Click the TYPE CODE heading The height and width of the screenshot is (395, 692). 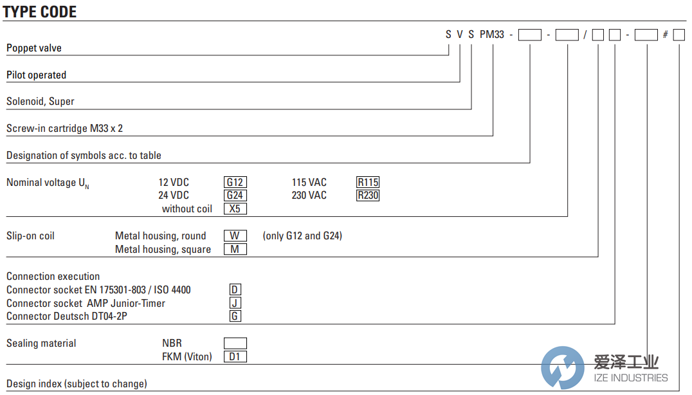40,12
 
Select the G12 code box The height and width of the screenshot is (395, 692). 235,182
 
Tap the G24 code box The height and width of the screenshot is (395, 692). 235,195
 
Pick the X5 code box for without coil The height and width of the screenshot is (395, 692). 235,208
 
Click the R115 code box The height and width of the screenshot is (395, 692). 368,182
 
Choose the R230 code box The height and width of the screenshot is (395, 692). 368,195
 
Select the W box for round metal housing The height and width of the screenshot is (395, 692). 235,235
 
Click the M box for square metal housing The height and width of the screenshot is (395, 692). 235,249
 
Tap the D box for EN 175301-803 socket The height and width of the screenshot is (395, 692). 235,290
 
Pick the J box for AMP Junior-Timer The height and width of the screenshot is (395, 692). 235,303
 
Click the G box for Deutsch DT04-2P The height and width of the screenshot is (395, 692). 235,316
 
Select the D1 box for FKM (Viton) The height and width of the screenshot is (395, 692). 235,356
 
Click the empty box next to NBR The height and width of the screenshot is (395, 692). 235,343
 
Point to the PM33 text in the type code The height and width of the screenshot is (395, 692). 492,34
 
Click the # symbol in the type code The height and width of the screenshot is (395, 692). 666,35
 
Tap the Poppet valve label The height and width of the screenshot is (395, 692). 34,48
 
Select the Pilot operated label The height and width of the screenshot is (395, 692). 36,75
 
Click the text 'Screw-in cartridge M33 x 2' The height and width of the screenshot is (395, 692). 64,129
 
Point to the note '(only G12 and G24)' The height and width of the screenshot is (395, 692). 302,235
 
